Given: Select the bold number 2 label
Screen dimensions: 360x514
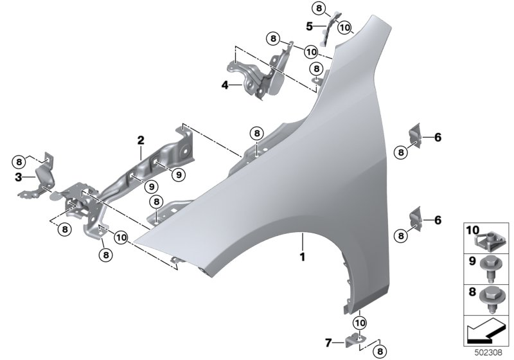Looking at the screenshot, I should coord(140,139).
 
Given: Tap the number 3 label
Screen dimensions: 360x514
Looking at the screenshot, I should coord(19,176).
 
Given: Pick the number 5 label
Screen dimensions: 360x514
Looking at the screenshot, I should coord(309,27).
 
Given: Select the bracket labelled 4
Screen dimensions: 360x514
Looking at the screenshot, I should coord(257,76).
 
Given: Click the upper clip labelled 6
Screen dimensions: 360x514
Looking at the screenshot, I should coord(415,136).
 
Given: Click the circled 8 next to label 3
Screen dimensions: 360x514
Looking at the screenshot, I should coord(19,161).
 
